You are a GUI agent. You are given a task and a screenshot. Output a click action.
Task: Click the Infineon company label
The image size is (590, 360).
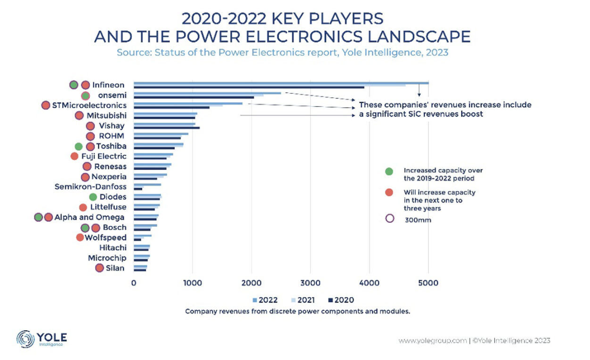click(108, 85)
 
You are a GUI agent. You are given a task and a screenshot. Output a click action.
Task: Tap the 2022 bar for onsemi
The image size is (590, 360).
click(207, 93)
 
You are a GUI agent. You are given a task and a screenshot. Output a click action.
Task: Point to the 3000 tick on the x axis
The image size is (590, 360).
click(311, 283)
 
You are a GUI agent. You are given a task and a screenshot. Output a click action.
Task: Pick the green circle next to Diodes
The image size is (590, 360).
click(93, 197)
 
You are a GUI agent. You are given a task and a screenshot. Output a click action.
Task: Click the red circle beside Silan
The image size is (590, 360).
click(99, 268)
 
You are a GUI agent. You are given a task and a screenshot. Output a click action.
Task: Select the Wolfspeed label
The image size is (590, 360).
click(106, 238)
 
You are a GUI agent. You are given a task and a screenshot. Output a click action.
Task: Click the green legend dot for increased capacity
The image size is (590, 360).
click(389, 171)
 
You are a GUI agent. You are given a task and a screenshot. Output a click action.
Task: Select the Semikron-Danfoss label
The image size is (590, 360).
click(90, 187)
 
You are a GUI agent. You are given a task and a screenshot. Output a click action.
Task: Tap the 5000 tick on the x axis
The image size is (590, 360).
click(428, 283)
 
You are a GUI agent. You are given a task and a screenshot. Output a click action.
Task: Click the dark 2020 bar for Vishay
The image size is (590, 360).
click(167, 128)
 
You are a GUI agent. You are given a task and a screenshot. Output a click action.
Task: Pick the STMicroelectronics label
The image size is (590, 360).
click(89, 105)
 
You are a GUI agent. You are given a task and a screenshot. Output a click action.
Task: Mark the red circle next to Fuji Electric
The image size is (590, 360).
click(74, 156)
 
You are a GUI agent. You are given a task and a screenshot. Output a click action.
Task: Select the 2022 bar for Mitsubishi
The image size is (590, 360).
click(165, 113)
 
